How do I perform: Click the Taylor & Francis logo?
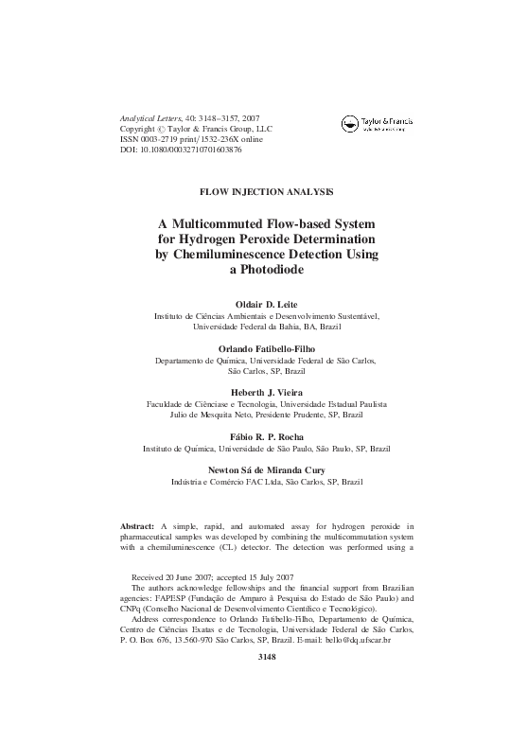(x=378, y=123)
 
